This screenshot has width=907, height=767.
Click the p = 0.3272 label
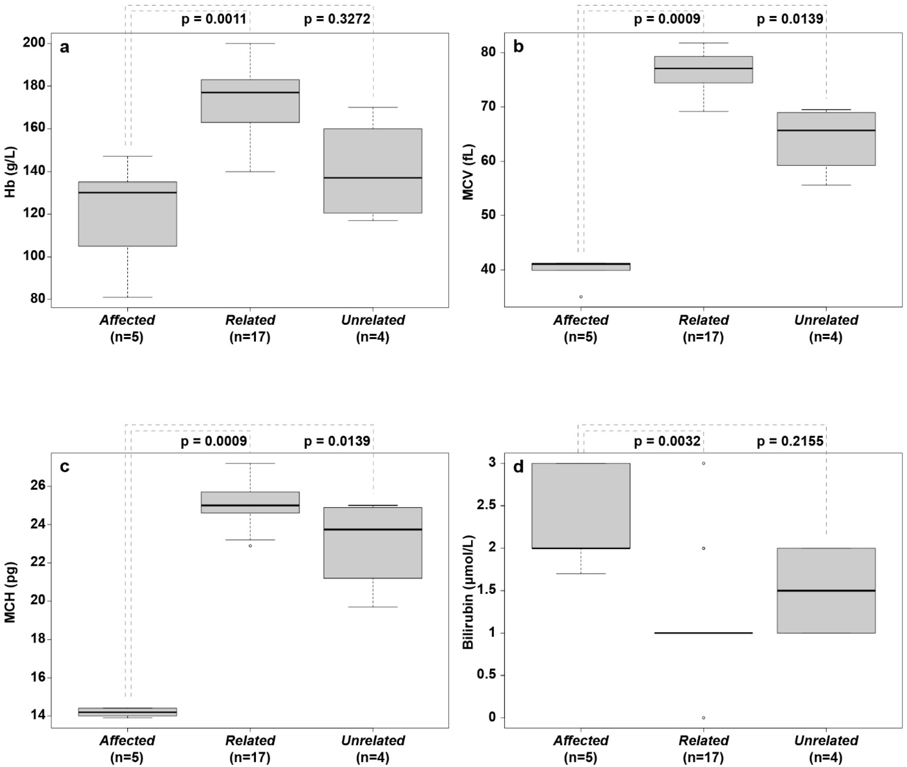tap(337, 19)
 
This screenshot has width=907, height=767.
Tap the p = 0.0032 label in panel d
tap(667, 441)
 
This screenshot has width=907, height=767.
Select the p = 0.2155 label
tap(790, 441)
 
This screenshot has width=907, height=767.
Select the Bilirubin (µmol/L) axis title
tap(468, 592)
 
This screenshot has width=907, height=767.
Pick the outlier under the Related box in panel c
tap(250, 546)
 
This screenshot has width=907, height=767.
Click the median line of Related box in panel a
tap(250, 93)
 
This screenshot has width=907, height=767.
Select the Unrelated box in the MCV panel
tap(826, 139)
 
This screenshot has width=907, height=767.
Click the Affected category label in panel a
tap(127, 320)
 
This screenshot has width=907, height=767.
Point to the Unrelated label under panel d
tap(826, 741)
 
